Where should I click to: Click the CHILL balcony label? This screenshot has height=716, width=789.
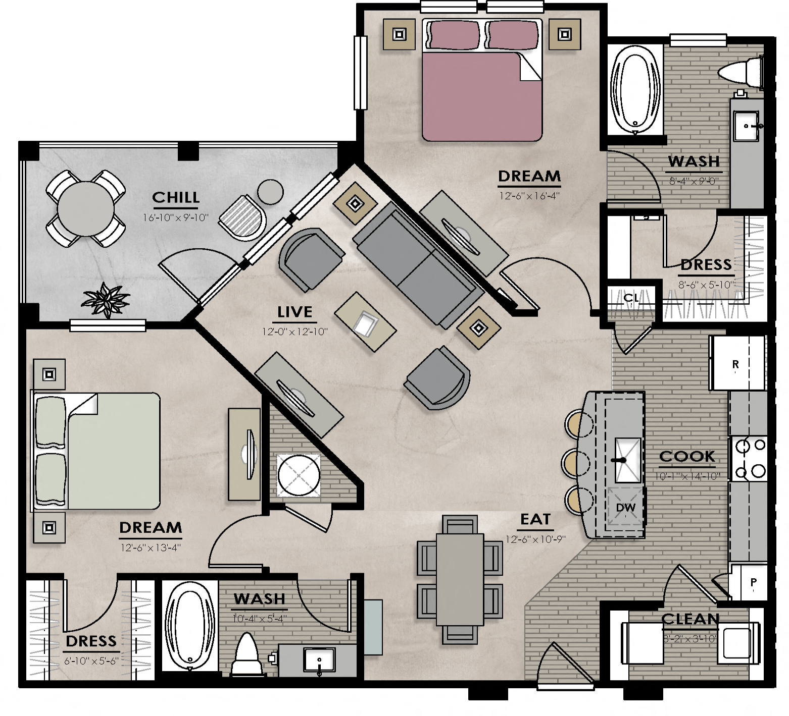coord(176,197)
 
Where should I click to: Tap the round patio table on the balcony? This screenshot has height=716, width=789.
coord(86,208)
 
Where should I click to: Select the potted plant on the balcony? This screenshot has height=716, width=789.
coord(106,300)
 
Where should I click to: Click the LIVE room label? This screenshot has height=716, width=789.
coord(295,312)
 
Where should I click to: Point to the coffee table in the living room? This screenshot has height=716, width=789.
coord(365,322)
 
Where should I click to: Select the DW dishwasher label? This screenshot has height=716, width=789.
coord(625,508)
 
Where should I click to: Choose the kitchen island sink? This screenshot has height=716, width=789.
coord(627,460)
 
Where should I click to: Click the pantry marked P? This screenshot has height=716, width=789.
coord(753,582)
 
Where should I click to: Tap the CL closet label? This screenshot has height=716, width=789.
coord(631,298)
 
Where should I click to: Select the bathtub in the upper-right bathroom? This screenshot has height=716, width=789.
coord(635,90)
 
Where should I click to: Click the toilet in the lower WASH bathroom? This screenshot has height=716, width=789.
coord(248,654)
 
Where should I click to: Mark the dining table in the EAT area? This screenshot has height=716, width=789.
coord(460,579)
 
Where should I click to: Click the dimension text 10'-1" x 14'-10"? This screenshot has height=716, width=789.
coord(687,476)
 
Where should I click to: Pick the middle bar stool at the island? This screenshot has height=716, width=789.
coord(575,462)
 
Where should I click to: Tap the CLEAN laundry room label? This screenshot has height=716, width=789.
coord(690,619)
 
